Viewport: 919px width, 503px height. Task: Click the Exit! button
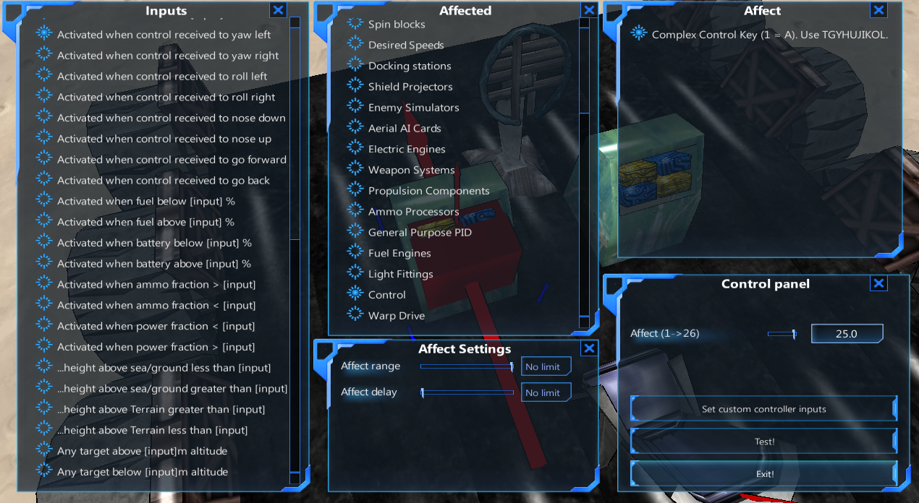[763, 474]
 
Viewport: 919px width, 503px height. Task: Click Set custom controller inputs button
[763, 409]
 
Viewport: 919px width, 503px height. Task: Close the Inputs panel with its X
[278, 9]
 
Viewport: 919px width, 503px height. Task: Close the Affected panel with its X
[589, 9]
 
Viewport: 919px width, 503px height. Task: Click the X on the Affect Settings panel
[589, 348]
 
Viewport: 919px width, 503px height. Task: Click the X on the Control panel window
[878, 283]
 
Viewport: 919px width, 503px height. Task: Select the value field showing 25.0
[847, 334]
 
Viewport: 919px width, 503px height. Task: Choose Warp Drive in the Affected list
[396, 316]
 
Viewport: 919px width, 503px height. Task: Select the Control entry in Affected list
[386, 295]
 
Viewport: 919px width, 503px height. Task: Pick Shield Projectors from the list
[410, 87]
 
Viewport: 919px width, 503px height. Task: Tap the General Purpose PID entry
[420, 233]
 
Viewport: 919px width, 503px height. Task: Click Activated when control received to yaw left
[164, 35]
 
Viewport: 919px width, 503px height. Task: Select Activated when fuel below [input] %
[145, 201]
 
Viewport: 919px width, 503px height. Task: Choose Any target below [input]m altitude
[142, 472]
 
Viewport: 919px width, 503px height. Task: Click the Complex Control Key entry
[769, 35]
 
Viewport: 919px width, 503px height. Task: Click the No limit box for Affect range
[546, 367]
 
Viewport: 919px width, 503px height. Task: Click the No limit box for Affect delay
[546, 392]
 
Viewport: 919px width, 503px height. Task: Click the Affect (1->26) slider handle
[794, 334]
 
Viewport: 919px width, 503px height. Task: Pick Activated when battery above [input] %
[153, 264]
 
